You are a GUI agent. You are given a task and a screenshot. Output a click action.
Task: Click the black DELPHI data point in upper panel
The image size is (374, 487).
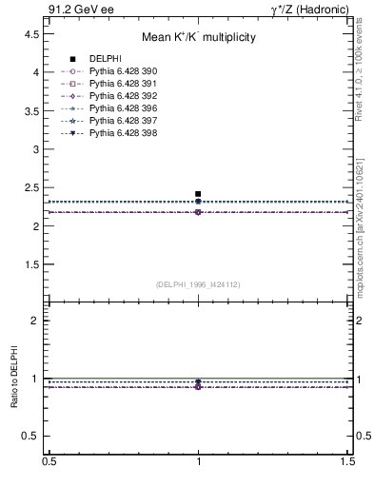click(x=198, y=194)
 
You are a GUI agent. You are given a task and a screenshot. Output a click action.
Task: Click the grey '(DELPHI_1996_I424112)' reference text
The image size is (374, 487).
click(x=198, y=283)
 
